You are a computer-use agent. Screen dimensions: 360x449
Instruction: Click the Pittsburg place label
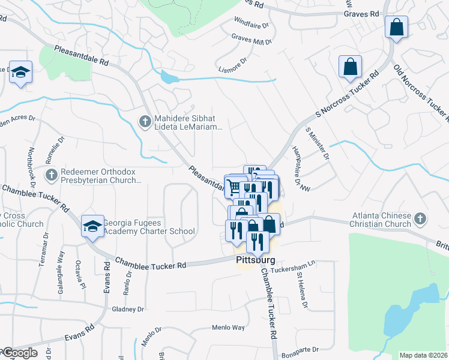(255, 260)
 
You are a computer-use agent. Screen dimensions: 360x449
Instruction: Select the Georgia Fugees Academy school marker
(92, 226)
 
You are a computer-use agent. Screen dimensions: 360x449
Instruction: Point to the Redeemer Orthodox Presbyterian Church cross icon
(52, 175)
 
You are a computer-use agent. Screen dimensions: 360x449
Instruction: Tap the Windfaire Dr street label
(251, 26)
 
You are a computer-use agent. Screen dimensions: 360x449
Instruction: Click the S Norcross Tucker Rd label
(348, 96)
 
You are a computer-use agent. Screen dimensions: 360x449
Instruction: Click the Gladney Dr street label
(128, 310)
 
